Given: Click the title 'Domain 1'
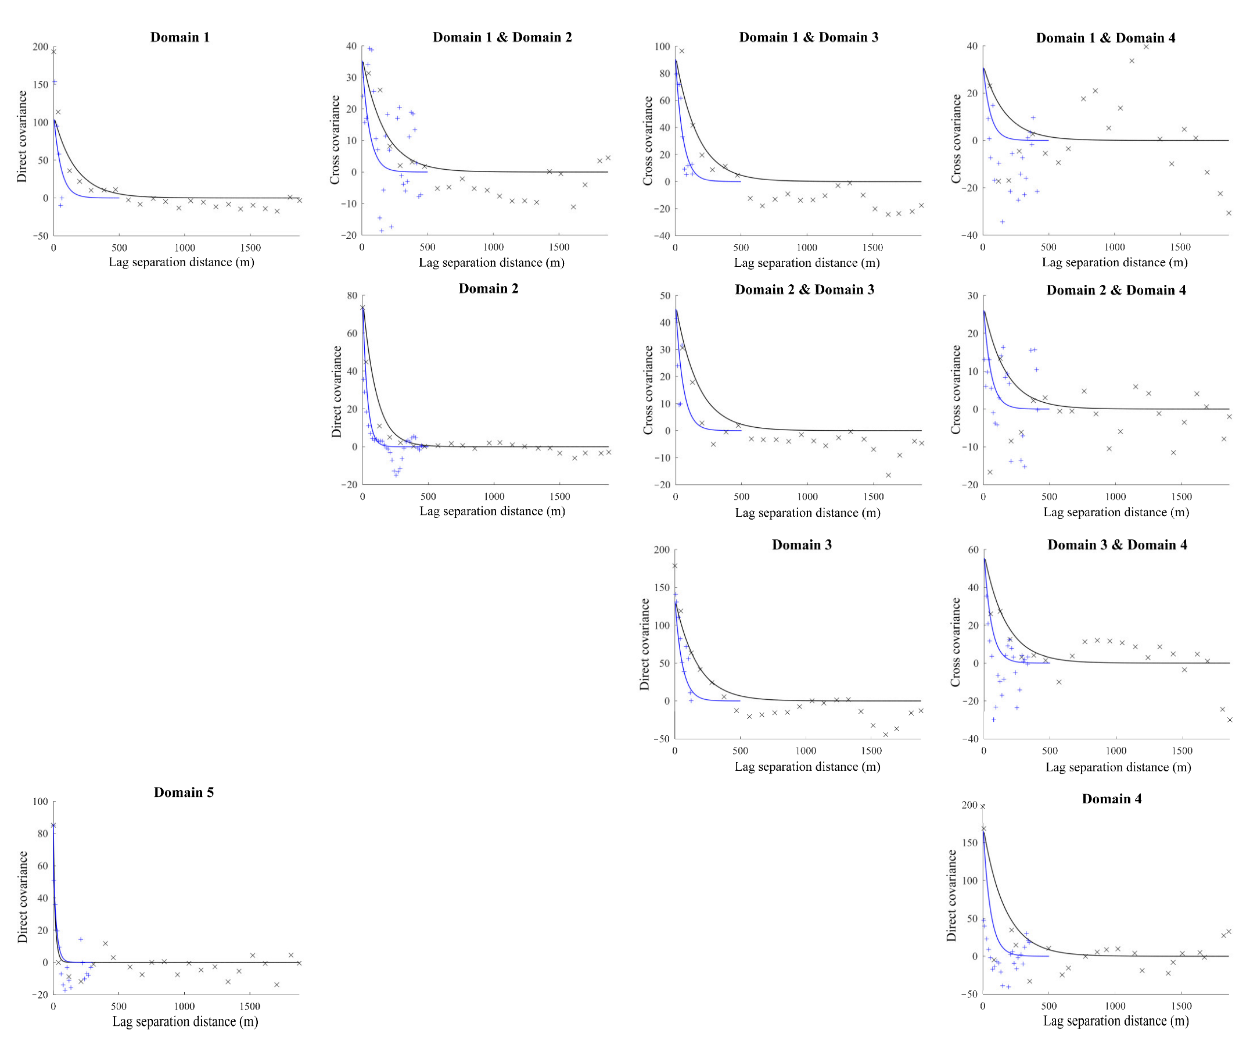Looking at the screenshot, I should click(179, 37).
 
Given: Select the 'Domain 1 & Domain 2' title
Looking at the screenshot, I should click(502, 37).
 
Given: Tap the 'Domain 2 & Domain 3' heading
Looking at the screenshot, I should click(805, 290).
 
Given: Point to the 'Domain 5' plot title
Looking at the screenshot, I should click(183, 792).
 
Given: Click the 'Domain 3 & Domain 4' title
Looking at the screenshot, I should click(1117, 545).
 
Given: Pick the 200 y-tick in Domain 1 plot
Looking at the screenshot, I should click(41, 47).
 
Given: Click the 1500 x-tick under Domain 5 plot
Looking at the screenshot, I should click(250, 1006).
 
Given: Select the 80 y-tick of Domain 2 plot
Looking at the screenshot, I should click(352, 296).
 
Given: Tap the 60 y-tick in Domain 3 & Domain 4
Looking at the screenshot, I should click(974, 550).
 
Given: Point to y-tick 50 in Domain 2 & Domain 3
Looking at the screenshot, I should click(665, 296).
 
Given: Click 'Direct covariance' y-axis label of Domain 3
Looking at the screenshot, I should click(645, 645).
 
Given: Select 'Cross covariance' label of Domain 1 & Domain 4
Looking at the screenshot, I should click(956, 139).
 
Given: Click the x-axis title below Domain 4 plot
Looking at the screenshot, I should click(1116, 1021).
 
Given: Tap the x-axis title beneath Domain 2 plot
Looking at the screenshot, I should click(492, 512).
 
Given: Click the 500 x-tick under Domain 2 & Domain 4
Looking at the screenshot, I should click(1048, 496).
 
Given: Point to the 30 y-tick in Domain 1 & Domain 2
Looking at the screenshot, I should click(351, 78).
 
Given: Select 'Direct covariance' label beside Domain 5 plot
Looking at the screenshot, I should click(23, 897).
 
